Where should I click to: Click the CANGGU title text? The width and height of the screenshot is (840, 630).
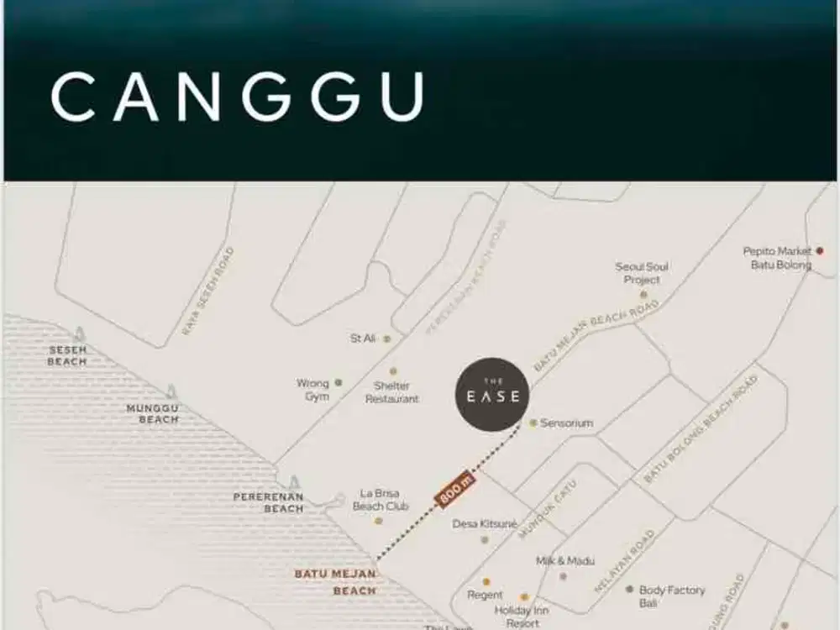click(x=237, y=97)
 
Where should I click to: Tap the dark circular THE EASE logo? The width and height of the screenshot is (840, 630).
click(x=492, y=395)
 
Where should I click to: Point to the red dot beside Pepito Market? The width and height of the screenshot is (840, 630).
click(x=820, y=250)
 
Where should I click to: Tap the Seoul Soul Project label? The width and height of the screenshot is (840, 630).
click(x=643, y=273)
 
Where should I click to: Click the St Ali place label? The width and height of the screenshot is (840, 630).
click(x=363, y=339)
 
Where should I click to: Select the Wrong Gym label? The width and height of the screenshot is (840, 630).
click(x=312, y=390)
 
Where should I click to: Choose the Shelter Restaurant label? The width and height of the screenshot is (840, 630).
click(x=391, y=392)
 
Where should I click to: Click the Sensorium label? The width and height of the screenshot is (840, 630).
click(x=566, y=423)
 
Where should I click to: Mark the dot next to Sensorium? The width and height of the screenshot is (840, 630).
click(x=533, y=423)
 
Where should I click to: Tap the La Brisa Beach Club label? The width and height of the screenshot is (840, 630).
click(x=380, y=500)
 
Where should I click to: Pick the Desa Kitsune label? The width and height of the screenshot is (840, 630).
click(x=485, y=523)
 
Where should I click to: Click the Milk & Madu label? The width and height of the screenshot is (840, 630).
click(x=565, y=560)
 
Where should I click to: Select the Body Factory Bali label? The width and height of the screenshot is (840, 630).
click(x=672, y=596)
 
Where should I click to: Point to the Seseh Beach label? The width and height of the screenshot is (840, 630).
click(x=67, y=355)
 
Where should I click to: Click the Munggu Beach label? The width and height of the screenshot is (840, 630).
click(x=153, y=413)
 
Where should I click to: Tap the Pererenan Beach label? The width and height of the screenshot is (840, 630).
click(x=269, y=502)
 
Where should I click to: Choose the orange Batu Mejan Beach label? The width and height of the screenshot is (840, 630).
click(x=336, y=582)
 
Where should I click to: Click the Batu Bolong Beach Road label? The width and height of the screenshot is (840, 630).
click(x=701, y=428)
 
